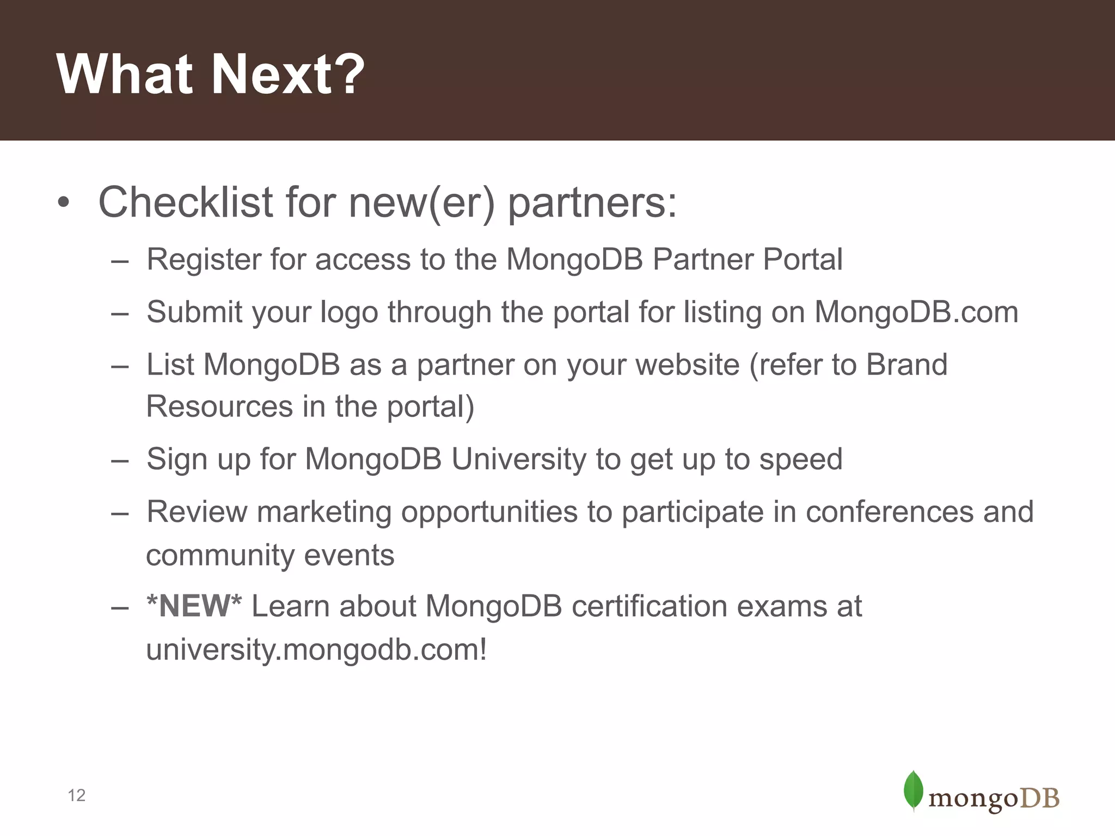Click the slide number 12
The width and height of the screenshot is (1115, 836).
(77, 795)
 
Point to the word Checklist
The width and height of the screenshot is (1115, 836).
(185, 202)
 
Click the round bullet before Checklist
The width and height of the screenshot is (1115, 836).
(64, 203)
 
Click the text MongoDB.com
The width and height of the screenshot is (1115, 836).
(916, 312)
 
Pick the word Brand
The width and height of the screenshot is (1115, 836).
(906, 365)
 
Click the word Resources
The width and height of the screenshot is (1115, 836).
(219, 407)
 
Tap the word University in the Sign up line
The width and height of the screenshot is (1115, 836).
(519, 459)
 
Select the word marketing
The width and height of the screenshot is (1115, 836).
(324, 513)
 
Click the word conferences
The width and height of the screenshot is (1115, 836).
(889, 512)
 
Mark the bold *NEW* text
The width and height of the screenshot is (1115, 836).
(194, 606)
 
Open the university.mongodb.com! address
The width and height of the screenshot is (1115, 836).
(316, 649)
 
